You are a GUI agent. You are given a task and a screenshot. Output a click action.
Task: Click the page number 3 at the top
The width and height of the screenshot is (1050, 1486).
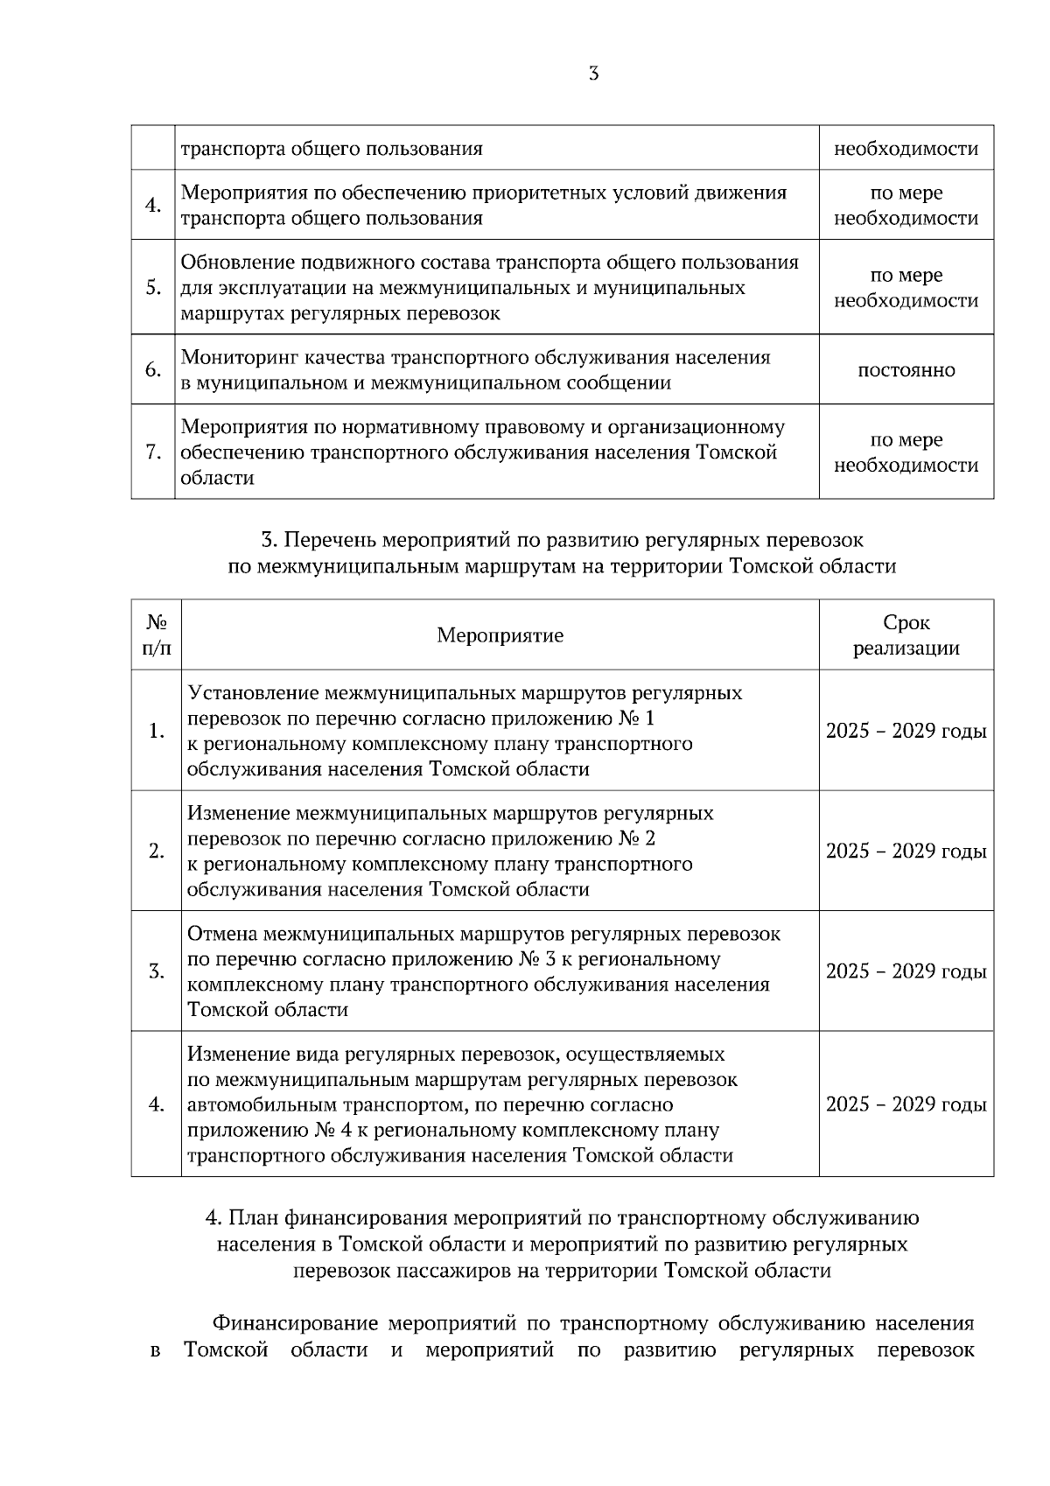[594, 74]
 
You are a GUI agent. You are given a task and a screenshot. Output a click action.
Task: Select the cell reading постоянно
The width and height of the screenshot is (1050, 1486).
[906, 370]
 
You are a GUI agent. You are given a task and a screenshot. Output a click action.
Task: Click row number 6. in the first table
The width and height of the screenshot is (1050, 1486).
[153, 370]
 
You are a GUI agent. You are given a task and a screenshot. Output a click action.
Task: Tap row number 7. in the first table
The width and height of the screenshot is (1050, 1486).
[153, 452]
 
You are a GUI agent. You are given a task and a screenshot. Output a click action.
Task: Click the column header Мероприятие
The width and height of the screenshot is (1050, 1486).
[500, 635]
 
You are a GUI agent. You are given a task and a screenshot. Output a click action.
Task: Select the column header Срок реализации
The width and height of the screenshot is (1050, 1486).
[906, 635]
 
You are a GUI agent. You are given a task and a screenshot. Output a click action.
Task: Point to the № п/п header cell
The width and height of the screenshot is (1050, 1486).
[157, 635]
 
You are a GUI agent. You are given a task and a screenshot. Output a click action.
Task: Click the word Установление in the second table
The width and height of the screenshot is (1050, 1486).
[253, 693]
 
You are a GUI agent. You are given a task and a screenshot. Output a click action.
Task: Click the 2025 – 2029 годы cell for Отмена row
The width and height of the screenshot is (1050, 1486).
[906, 971]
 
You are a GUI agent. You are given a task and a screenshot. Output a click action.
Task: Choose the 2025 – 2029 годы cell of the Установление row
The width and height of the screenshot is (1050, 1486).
[906, 731]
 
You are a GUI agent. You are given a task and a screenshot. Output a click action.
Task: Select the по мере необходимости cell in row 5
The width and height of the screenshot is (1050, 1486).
[906, 288]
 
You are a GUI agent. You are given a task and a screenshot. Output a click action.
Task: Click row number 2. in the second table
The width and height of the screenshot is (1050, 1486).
[157, 852]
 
